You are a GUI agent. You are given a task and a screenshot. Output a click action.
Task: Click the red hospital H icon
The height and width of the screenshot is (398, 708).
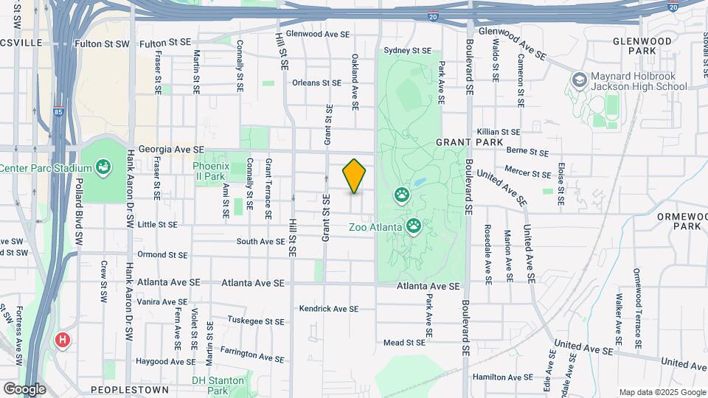tap(63, 341)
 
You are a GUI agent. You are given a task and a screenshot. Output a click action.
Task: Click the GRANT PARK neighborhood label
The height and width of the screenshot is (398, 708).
tap(469, 142)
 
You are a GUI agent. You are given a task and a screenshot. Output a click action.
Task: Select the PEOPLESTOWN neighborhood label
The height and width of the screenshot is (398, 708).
tap(129, 389)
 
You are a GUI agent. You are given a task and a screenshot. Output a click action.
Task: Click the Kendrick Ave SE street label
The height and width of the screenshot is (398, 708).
tap(329, 309)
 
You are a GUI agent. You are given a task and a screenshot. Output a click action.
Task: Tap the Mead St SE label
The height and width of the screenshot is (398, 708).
tap(405, 342)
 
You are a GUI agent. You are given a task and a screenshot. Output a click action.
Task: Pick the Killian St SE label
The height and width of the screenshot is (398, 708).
tap(499, 132)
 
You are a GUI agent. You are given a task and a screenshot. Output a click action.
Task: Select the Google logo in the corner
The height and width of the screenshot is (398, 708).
tap(24, 389)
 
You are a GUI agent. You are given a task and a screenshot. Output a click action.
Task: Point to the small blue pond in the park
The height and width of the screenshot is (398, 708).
tap(419, 182)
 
